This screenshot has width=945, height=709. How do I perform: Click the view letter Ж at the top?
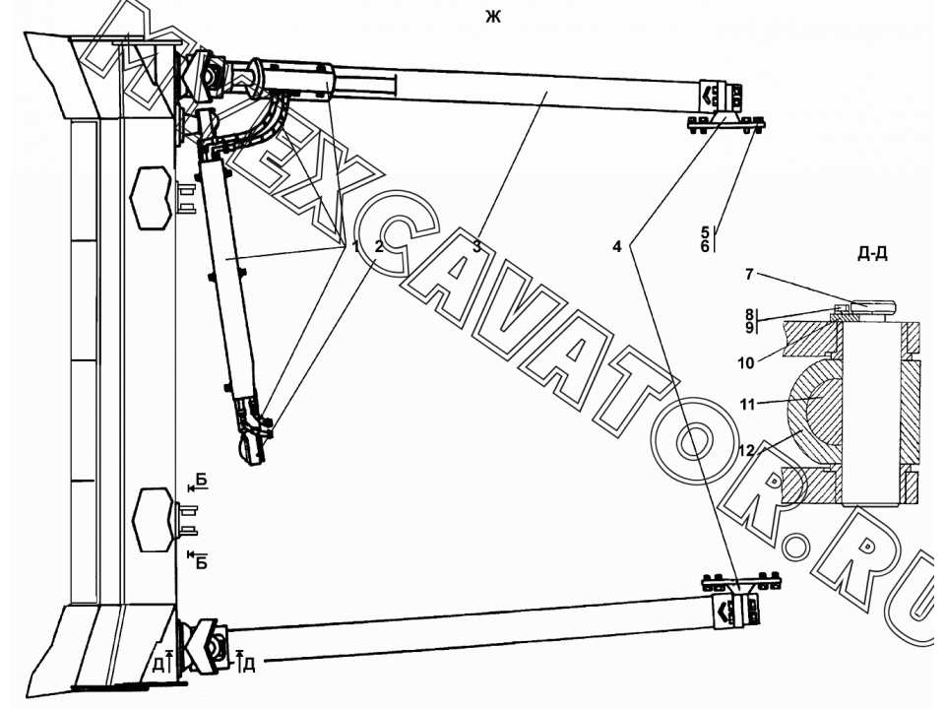point(493,17)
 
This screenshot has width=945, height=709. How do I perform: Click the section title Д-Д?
point(872,254)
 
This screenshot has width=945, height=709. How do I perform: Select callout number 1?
point(355,246)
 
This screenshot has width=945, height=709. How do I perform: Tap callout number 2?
point(378,246)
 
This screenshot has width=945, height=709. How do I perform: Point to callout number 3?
point(476,246)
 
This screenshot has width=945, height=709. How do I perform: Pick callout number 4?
point(616,246)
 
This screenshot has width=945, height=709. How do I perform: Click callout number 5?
point(705,231)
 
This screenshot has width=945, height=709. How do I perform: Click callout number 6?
point(705,246)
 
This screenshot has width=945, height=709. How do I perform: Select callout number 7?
point(749,275)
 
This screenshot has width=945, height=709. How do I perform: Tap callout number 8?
point(749,314)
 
